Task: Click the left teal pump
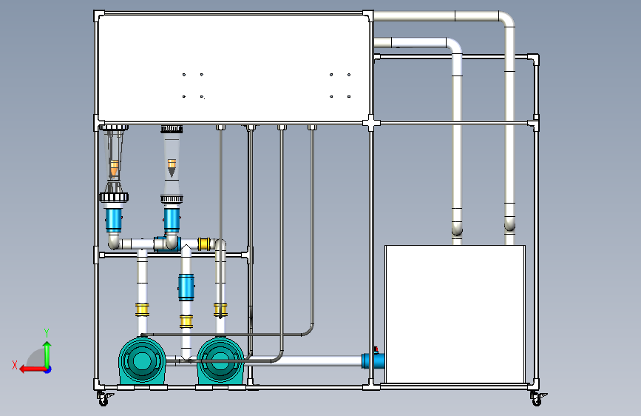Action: point(142,360)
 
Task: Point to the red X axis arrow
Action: point(28,369)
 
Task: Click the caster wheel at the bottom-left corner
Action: point(103,398)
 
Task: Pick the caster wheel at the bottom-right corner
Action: point(535,398)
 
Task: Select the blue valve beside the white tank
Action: point(373,361)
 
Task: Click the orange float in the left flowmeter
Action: point(114,168)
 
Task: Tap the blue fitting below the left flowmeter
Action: point(114,219)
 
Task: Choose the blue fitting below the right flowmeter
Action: point(172,219)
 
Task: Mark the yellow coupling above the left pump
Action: point(142,309)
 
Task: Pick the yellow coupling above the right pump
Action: point(220,309)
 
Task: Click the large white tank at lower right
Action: point(455,314)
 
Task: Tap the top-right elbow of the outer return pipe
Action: point(506,20)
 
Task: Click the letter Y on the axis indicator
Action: point(47,332)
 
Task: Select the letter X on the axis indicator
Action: point(14,364)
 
